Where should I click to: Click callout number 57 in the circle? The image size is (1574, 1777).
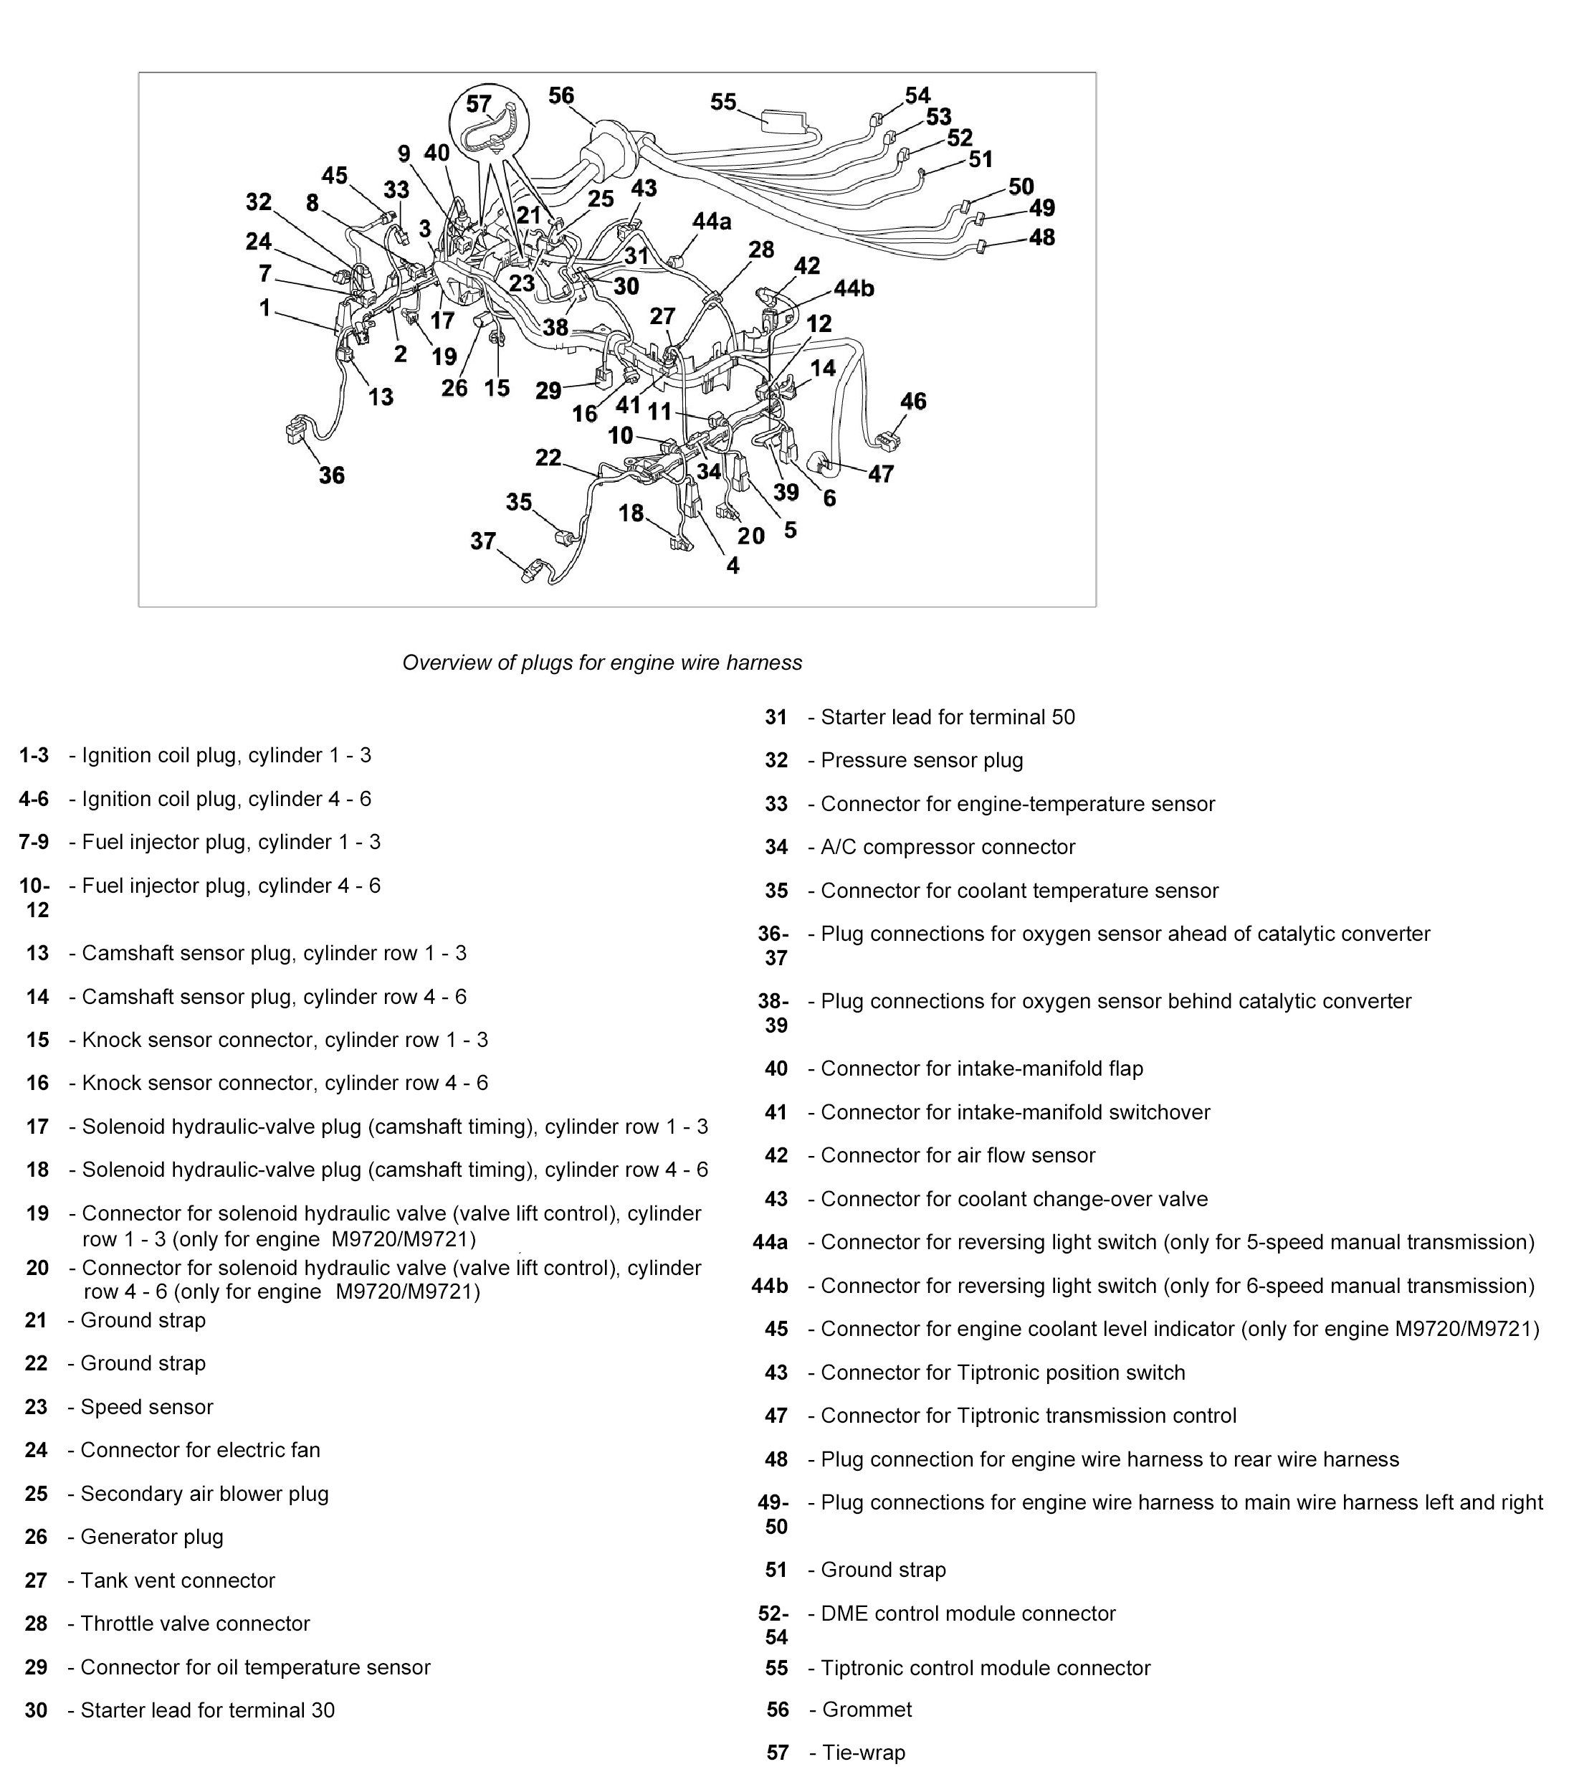478,103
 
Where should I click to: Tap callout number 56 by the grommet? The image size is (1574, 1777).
561,95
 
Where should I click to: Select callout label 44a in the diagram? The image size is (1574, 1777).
712,222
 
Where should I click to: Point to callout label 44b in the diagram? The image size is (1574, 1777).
854,288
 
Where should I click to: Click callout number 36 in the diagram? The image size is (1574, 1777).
331,475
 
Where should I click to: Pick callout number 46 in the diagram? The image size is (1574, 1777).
912,401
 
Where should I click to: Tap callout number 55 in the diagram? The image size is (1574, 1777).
723,102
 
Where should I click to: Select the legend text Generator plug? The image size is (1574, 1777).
151,1536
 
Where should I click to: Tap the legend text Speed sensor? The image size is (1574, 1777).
146,1407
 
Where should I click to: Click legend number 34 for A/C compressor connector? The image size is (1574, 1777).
776,847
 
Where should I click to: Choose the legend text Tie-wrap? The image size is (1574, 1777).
863,1753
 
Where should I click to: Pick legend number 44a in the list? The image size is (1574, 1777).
770,1241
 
